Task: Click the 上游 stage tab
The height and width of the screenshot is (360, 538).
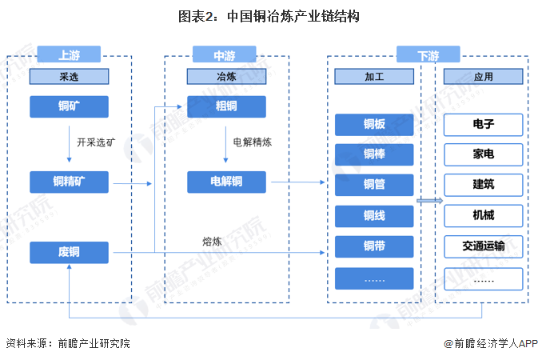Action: click(x=69, y=54)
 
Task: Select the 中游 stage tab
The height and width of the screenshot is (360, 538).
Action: click(x=225, y=54)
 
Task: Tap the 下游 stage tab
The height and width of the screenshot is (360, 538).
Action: click(x=428, y=54)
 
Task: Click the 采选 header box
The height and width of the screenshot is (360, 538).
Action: click(x=69, y=76)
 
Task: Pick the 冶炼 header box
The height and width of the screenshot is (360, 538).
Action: click(x=226, y=76)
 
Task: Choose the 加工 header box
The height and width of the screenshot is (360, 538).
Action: click(x=374, y=76)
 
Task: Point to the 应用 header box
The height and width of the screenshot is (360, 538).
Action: click(x=484, y=76)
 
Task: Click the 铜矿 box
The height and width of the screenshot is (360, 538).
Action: click(x=69, y=106)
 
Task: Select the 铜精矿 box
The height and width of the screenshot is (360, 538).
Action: click(x=69, y=182)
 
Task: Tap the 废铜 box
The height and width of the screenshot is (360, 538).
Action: click(x=69, y=253)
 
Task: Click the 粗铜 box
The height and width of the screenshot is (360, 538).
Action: click(x=226, y=106)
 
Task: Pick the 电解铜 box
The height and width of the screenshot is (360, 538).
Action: click(x=226, y=182)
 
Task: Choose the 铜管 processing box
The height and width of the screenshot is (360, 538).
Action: click(x=374, y=185)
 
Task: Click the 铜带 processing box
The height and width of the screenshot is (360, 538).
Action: click(x=374, y=246)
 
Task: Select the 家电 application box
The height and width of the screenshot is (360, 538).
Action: click(x=484, y=154)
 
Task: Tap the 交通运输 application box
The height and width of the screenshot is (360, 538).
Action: click(x=484, y=246)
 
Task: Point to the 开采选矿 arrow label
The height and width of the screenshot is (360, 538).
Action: click(x=96, y=142)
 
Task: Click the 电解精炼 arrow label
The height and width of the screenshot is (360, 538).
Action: click(x=253, y=142)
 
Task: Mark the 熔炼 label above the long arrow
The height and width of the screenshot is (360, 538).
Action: click(x=212, y=242)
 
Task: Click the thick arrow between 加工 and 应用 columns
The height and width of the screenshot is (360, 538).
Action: click(x=429, y=201)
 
